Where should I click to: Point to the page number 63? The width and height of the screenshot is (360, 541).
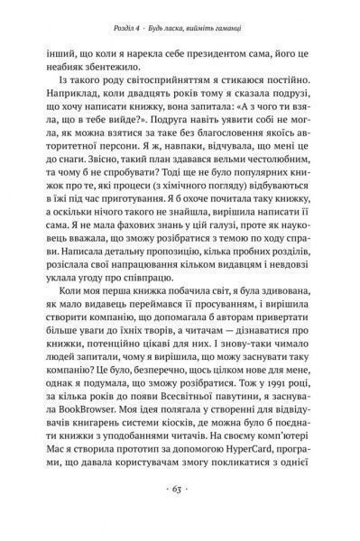[x=180, y=517]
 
